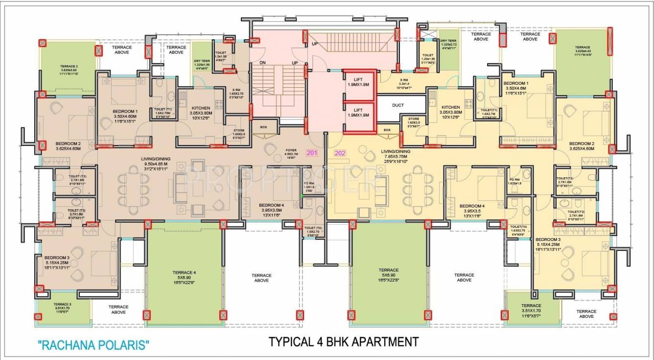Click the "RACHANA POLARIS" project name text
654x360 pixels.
click(x=93, y=345)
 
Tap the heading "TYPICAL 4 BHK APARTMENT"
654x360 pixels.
click(x=344, y=341)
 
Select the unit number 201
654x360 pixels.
click(x=312, y=153)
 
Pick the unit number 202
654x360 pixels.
click(x=340, y=153)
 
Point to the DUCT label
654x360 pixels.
click(x=398, y=105)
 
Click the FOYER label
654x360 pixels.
click(x=291, y=151)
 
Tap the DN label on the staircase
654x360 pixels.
click(x=262, y=63)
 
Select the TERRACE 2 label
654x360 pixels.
click(x=69, y=66)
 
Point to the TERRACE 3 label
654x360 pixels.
click(x=63, y=304)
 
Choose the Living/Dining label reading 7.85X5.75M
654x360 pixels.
click(x=396, y=151)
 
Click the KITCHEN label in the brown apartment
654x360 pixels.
click(x=201, y=108)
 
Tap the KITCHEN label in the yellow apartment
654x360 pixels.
click(x=450, y=107)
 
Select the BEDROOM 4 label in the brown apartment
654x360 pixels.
click(x=272, y=205)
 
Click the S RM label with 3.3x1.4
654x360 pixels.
click(x=404, y=80)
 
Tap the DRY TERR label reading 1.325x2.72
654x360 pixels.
click(x=448, y=41)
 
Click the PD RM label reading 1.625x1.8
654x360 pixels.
click(x=514, y=180)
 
